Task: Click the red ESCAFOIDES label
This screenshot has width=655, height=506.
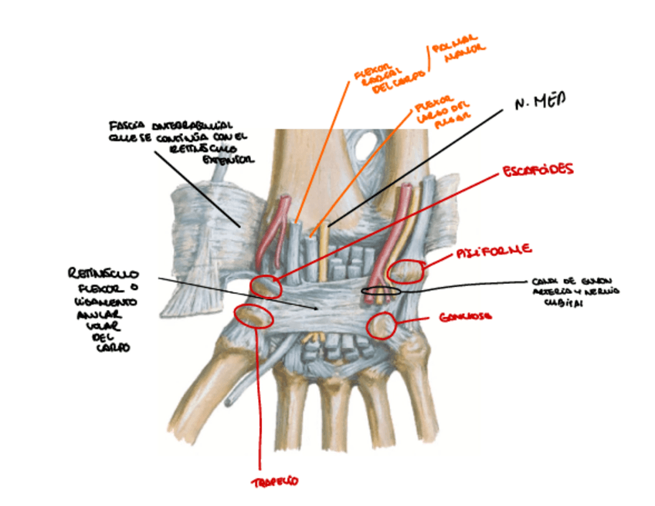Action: pyautogui.click(x=537, y=169)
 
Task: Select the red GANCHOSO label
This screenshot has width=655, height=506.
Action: pyautogui.click(x=461, y=317)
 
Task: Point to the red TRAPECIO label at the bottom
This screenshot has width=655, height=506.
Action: pyautogui.click(x=274, y=482)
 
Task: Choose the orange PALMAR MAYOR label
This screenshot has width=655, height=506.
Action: pyautogui.click(x=460, y=50)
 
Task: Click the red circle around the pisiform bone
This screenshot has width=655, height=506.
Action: pyautogui.click(x=406, y=271)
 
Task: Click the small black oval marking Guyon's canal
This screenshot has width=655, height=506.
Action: pyautogui.click(x=382, y=291)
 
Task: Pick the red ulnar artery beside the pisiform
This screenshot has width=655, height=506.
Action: pyautogui.click(x=389, y=239)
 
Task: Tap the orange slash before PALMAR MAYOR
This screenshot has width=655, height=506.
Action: pyautogui.click(x=426, y=58)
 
